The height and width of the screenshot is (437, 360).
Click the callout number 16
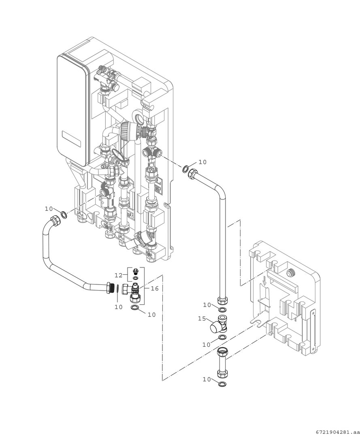(x=155, y=289)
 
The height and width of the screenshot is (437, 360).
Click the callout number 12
(x=119, y=275)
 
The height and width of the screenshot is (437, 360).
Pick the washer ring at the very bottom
(x=222, y=384)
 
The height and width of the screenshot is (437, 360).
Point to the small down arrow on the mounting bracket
(x=264, y=283)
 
